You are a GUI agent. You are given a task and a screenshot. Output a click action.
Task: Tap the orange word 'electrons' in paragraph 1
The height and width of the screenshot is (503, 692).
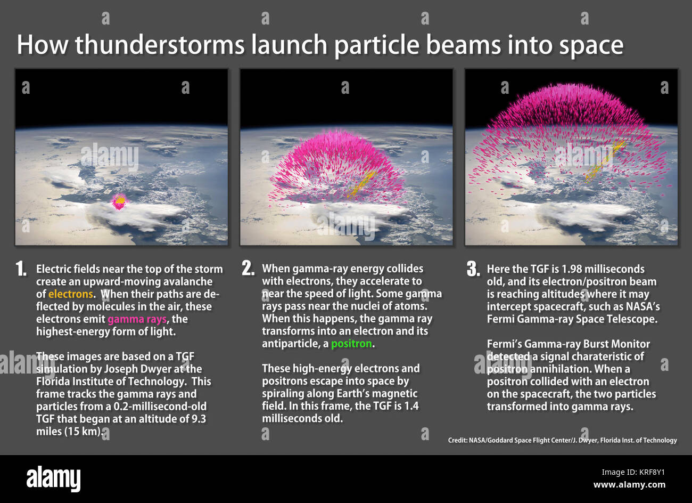click(70, 294)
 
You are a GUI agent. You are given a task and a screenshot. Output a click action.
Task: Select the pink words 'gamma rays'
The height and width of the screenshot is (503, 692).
click(137, 319)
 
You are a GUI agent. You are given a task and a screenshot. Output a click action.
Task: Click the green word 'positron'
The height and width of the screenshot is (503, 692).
click(351, 344)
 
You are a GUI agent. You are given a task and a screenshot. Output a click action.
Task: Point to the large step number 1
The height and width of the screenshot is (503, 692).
click(21, 269)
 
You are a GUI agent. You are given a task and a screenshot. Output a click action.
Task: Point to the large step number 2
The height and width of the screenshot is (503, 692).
click(248, 269)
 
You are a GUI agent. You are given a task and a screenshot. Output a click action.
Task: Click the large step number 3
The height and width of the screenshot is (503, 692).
click(473, 269)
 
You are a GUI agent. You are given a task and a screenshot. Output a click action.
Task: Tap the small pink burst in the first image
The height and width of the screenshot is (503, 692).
click(120, 201)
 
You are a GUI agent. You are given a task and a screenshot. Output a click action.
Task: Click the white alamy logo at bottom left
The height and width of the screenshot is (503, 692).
click(53, 478)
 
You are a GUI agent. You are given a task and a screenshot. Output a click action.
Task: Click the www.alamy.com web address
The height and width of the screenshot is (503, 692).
click(629, 485)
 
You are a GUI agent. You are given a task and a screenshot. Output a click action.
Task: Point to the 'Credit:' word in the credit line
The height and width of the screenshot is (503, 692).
click(457, 440)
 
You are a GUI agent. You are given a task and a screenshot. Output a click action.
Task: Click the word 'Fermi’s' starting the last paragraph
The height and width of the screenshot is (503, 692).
click(505, 344)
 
